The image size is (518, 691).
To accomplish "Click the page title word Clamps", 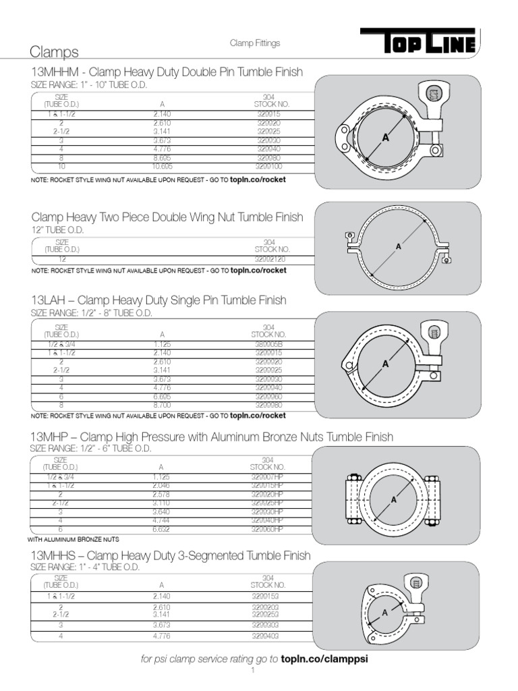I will coord(55,52).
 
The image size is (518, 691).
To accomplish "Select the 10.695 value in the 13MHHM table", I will coord(163,166).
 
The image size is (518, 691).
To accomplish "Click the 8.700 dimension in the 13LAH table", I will coord(163,405).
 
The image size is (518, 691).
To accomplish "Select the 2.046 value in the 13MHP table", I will coord(163,485).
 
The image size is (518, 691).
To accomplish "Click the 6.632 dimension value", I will coord(163,530).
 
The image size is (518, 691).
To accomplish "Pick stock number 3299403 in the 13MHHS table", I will coord(268,636).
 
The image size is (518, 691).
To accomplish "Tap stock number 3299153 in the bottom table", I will coord(268,597).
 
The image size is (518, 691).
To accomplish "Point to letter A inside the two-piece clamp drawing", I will coord(398,247).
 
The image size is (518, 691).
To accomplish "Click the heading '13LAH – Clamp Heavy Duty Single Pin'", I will coord(159,300).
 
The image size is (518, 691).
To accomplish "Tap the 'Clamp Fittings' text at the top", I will coord(255,43).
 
